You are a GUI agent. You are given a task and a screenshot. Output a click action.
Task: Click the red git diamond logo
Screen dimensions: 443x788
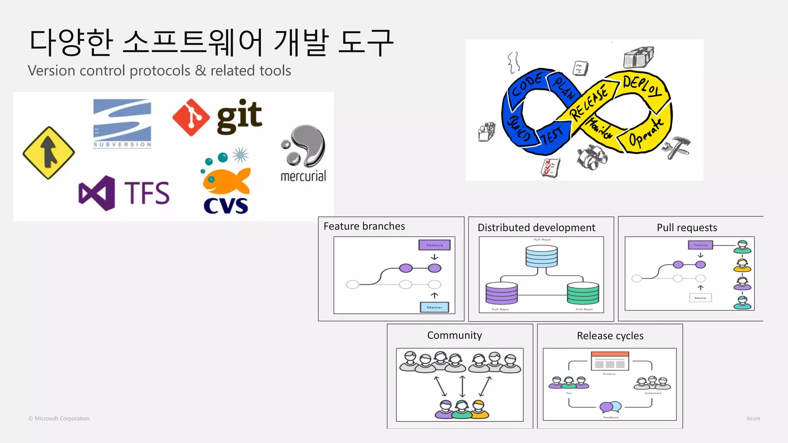tap(191, 117)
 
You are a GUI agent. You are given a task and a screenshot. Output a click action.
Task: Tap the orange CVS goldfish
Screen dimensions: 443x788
tap(225, 181)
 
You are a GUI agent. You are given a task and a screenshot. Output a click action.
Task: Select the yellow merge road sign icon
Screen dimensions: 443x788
tap(48, 153)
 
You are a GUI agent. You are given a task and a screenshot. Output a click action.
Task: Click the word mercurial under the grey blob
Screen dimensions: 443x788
tap(303, 176)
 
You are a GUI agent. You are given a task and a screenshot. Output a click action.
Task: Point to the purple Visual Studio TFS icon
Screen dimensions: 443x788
tap(97, 193)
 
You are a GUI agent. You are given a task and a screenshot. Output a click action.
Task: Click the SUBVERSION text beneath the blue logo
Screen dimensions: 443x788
tap(122, 145)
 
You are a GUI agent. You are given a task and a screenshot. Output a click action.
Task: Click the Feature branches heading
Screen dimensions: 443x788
tap(364, 226)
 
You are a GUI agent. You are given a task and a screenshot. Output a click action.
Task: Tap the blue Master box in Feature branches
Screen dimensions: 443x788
tap(434, 307)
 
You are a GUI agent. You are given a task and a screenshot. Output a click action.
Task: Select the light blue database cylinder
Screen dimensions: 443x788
tap(541, 256)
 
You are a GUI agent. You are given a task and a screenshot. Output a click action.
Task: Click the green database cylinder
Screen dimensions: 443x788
tap(583, 293)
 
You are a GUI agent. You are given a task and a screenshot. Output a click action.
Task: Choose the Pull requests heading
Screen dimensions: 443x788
tap(687, 228)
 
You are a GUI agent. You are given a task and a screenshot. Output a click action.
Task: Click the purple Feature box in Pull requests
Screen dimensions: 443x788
tap(700, 245)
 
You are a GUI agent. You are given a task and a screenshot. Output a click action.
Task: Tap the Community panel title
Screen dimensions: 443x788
tap(454, 335)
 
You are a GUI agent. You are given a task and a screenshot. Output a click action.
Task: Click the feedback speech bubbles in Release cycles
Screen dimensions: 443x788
tap(611, 406)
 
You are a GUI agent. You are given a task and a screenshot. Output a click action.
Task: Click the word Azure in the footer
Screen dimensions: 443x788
tap(753, 418)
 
